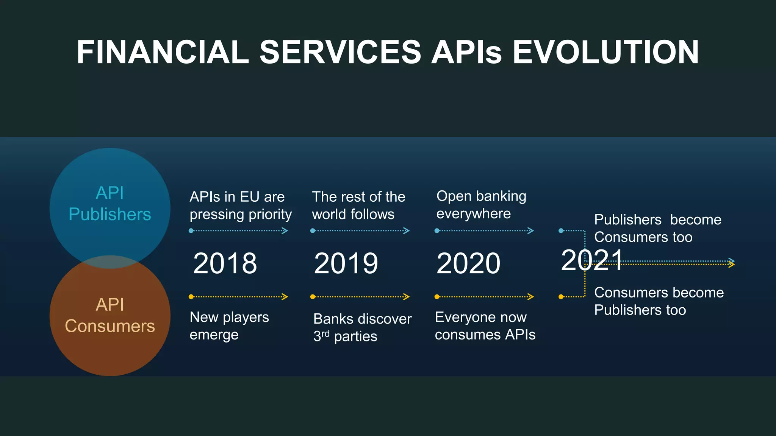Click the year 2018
pyautogui.click(x=225, y=263)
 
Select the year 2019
pyautogui.click(x=346, y=263)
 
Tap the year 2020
pyautogui.click(x=468, y=263)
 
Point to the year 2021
pyautogui.click(x=592, y=260)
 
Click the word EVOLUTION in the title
pyautogui.click(x=605, y=52)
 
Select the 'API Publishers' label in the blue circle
pyautogui.click(x=110, y=204)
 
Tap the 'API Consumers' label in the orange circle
pyautogui.click(x=110, y=315)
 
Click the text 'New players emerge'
pyautogui.click(x=229, y=325)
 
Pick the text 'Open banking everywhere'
pyautogui.click(x=481, y=205)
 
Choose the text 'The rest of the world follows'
pyautogui.click(x=358, y=206)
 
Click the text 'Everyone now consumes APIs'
pyautogui.click(x=485, y=325)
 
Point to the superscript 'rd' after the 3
pyautogui.click(x=325, y=333)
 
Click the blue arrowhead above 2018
pyautogui.click(x=285, y=231)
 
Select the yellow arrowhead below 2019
pyautogui.click(x=407, y=297)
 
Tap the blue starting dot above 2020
pyautogui.click(x=437, y=231)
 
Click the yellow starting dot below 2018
pyautogui.click(x=191, y=297)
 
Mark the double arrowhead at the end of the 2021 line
pyautogui.click(x=732, y=263)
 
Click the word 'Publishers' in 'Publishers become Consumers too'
pyautogui.click(x=627, y=220)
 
